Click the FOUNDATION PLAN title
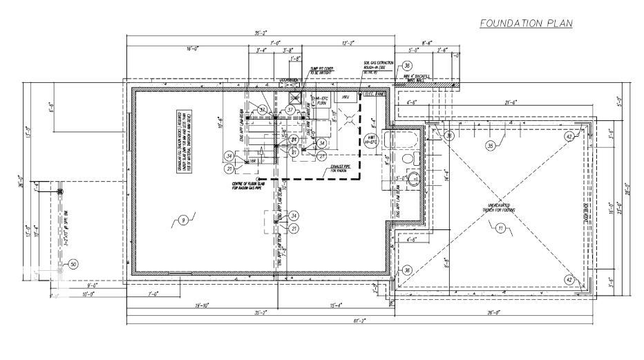[x=527, y=24]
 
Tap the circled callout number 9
[x=182, y=220]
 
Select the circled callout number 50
[x=73, y=264]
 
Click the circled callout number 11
[x=500, y=228]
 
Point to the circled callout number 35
[x=491, y=146]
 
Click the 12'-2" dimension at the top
[x=349, y=42]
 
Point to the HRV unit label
[x=346, y=97]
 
